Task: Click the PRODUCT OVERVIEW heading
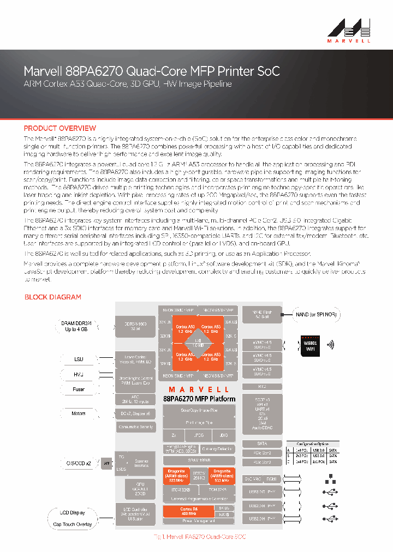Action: pyautogui.click(x=60, y=128)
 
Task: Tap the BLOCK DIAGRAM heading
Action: pyautogui.click(x=53, y=297)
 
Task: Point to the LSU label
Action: pyautogui.click(x=79, y=359)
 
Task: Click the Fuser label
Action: pyautogui.click(x=79, y=389)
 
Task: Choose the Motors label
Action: pyautogui.click(x=79, y=413)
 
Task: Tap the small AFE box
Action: pyautogui.click(x=106, y=464)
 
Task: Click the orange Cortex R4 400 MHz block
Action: pyautogui.click(x=189, y=512)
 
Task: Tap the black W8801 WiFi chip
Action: pyautogui.click(x=309, y=345)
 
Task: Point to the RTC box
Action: pyautogui.click(x=263, y=386)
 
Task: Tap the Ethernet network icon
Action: pyautogui.click(x=329, y=479)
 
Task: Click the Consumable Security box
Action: pyautogui.click(x=136, y=427)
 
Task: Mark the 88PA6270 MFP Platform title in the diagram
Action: pyautogui.click(x=199, y=399)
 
